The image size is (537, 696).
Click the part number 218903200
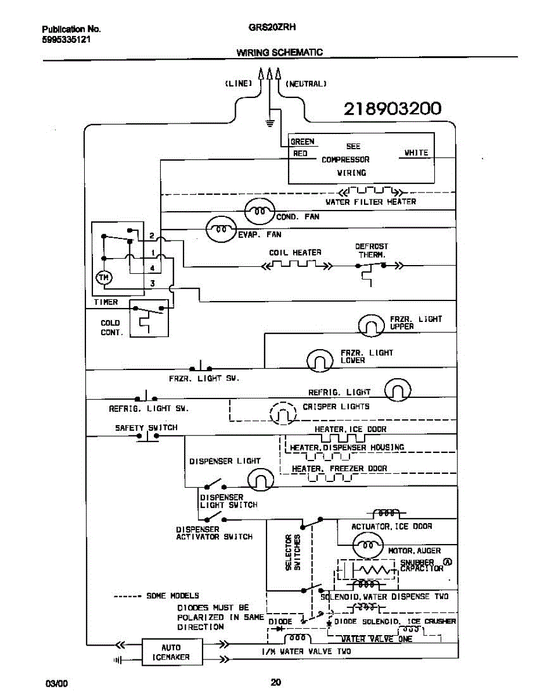pyautogui.click(x=392, y=108)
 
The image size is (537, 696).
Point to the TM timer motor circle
pyautogui.click(x=103, y=278)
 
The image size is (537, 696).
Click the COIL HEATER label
pyautogui.click(x=295, y=253)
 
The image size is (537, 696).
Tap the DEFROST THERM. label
pyautogui.click(x=372, y=251)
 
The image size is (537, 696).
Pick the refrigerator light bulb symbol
pyautogui.click(x=399, y=390)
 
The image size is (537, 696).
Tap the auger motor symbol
pyautogui.click(x=367, y=544)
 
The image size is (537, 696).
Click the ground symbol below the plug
pyautogui.click(x=269, y=122)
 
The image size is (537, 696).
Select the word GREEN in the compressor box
pyautogui.click(x=302, y=142)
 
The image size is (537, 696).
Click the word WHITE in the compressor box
pyautogui.click(x=416, y=153)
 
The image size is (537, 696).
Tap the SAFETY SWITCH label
pyautogui.click(x=146, y=427)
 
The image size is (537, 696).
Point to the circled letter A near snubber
pyautogui.click(x=447, y=561)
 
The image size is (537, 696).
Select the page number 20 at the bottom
pyautogui.click(x=276, y=682)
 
